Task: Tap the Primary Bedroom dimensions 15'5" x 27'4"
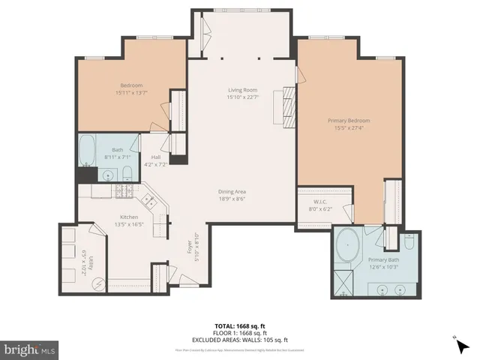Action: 349,127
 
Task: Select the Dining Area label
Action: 232,192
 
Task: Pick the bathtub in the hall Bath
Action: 87,150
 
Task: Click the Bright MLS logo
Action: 29,349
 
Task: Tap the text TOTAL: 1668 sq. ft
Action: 239,325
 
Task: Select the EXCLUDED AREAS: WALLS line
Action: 239,340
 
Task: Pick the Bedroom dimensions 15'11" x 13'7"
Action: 131,93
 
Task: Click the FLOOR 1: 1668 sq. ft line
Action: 239,333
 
